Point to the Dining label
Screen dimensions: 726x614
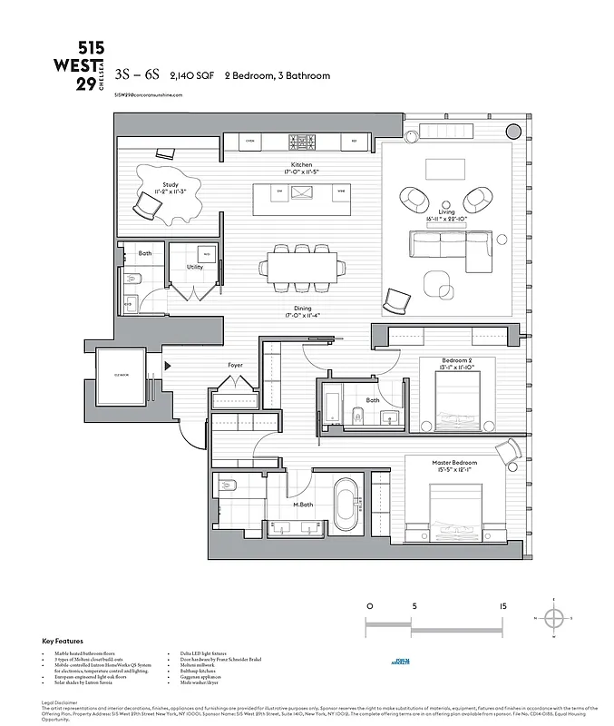[x=302, y=309]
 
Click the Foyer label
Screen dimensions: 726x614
[x=235, y=365]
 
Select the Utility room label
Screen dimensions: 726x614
[x=195, y=267]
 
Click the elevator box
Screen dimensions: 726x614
[x=122, y=376]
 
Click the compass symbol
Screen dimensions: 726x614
[x=555, y=618]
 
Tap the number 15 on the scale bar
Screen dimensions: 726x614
[x=502, y=604]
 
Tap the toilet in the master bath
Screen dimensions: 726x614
[x=228, y=486]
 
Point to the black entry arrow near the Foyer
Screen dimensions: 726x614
[x=168, y=367]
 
